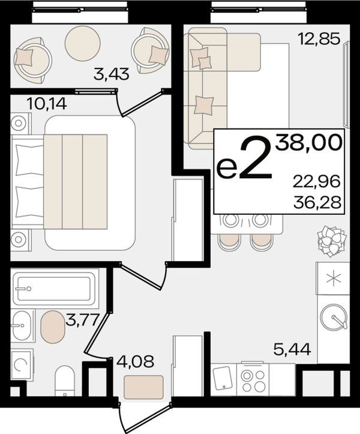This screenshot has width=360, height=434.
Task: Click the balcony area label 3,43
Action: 111,74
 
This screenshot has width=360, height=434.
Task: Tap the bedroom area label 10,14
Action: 47,104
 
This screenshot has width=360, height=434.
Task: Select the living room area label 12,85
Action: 319,39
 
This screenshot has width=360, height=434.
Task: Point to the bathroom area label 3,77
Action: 82,320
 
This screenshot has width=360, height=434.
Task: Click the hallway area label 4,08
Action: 135,361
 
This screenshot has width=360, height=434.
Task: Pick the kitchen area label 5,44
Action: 292,349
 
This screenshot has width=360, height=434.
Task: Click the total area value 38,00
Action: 308,143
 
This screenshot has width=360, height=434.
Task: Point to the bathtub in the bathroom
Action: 55,289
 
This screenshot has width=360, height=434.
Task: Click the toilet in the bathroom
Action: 65,381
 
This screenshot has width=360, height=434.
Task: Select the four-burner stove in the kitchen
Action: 253,379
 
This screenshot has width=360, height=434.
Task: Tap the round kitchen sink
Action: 334,317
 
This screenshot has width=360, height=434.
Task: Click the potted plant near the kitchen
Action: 331,241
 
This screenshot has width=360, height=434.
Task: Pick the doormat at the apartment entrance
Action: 143,387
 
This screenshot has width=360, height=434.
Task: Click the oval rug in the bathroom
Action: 53,327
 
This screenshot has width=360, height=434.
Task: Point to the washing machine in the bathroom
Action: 22,365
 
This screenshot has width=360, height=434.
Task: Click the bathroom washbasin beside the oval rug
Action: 22,325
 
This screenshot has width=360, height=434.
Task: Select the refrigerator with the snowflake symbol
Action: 333,278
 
